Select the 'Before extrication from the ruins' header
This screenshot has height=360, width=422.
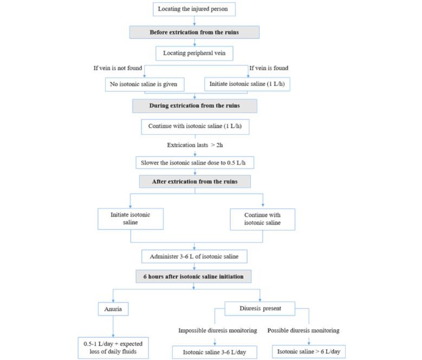pyautogui.click(x=194, y=32)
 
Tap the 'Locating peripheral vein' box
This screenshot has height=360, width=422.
pyautogui.click(x=194, y=53)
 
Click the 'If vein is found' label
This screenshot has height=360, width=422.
pyautogui.click(x=269, y=68)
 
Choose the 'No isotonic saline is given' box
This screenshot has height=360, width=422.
pyautogui.click(x=144, y=84)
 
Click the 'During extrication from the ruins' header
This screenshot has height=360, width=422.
pyautogui.click(x=194, y=106)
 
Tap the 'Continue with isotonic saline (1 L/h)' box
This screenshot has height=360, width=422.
pyautogui.click(x=194, y=127)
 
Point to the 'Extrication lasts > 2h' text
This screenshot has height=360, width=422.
pyautogui.click(x=194, y=145)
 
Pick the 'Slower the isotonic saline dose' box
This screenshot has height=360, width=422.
pyautogui.click(x=194, y=162)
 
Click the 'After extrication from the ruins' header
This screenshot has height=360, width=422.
pyautogui.click(x=194, y=181)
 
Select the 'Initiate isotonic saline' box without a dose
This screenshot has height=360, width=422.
pyautogui.click(x=130, y=219)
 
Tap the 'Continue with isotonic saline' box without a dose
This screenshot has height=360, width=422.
pyautogui.click(x=262, y=219)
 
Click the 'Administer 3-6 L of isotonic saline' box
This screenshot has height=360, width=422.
pyautogui.click(x=194, y=256)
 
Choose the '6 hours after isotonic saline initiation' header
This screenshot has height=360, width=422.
pyautogui.click(x=193, y=276)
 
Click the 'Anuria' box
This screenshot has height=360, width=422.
pyautogui.click(x=113, y=310)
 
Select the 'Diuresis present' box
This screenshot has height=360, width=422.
pyautogui.click(x=260, y=309)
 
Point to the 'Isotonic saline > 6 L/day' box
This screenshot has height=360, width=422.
pyautogui.click(x=309, y=351)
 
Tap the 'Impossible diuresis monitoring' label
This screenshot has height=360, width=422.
pyautogui.click(x=215, y=330)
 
